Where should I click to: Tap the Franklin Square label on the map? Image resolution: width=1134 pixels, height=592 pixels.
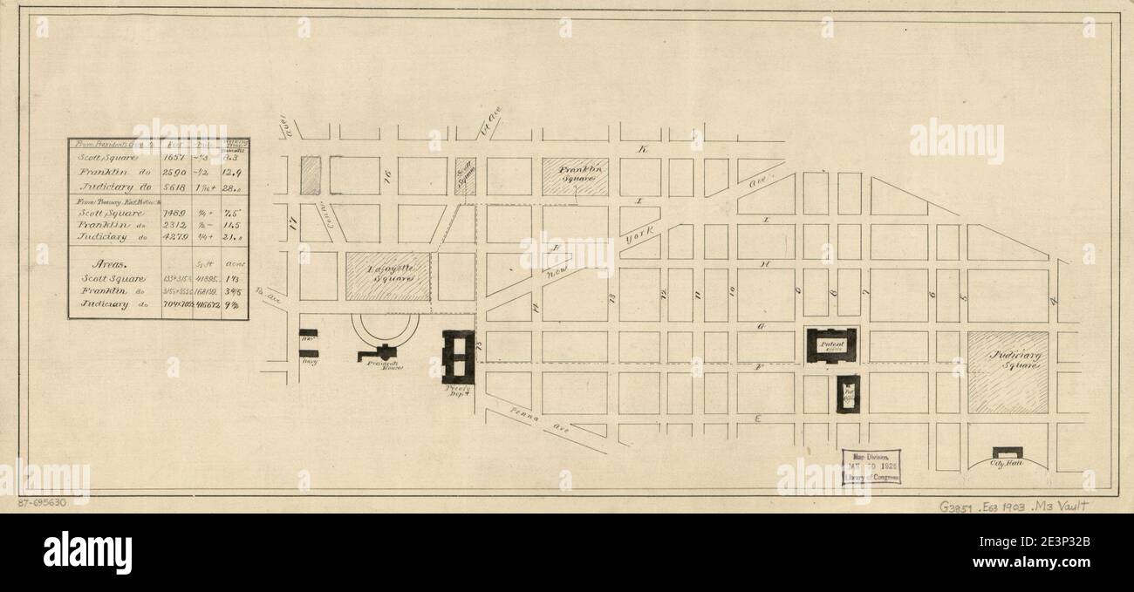click(576, 174)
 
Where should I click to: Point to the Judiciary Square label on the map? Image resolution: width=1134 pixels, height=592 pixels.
click(1008, 361)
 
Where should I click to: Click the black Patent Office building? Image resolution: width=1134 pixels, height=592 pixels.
click(831, 345)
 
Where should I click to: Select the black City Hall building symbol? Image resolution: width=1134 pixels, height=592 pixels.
click(1007, 453)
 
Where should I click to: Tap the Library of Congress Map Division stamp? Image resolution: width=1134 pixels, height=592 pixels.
click(871, 466)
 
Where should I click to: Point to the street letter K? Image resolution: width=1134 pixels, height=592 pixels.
click(643, 151)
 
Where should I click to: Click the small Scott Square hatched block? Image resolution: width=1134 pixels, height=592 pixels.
click(465, 176)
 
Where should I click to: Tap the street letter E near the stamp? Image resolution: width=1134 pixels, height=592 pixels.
click(758, 420)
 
